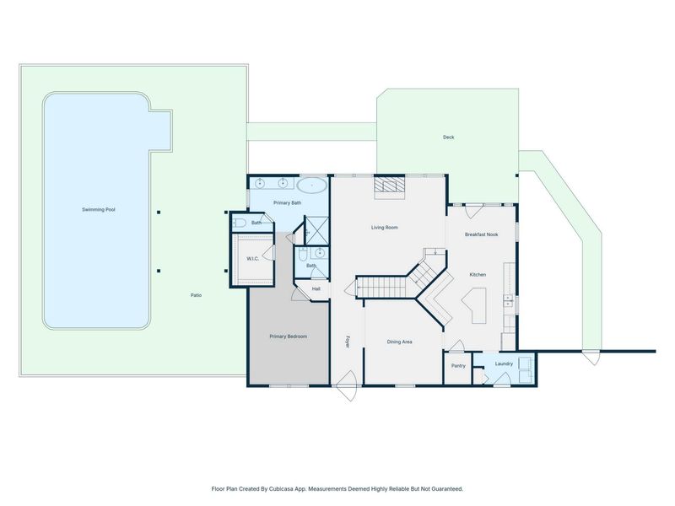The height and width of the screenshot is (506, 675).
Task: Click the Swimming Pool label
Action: pos(99,209)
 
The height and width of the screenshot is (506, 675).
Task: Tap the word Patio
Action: pos(196,295)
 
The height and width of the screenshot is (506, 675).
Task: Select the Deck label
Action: pos(449,137)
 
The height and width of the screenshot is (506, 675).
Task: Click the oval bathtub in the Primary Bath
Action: pos(312,186)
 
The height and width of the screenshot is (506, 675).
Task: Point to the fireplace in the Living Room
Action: pos(390,187)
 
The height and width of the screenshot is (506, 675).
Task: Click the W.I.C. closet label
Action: pos(252,259)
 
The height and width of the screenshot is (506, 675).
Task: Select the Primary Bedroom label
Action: pos(289,336)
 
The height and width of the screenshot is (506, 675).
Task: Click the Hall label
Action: pos(316,288)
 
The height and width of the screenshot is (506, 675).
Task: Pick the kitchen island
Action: pos(476,304)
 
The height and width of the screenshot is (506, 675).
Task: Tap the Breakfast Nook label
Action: pos(481,234)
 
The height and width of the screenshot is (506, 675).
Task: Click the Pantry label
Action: pos(458,366)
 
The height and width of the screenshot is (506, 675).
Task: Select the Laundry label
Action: pos(504,363)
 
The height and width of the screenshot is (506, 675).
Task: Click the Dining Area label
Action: pos(399,342)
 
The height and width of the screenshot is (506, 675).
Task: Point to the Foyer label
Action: pos(348,342)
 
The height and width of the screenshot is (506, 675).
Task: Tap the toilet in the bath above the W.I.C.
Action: pos(239,223)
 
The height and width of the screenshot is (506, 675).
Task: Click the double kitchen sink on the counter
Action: pos(509,300)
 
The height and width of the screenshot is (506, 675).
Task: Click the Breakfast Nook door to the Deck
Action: pos(474,211)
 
